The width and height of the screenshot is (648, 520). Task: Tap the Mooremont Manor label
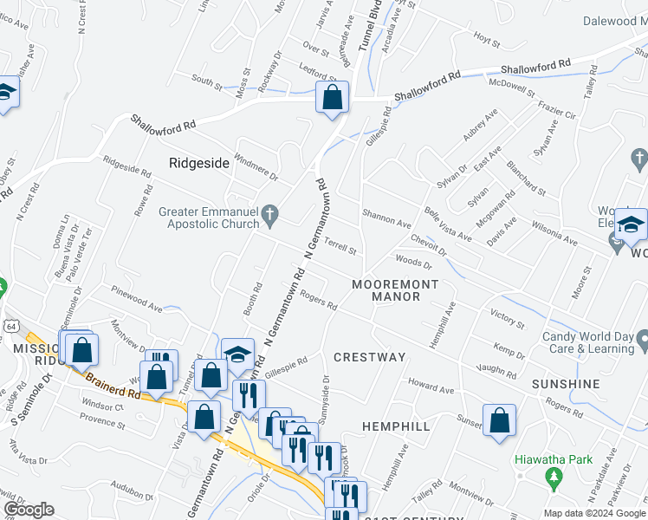395,290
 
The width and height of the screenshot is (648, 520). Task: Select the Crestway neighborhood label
369,357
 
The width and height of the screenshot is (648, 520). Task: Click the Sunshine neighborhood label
566,384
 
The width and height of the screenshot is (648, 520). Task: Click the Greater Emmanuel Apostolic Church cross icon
270,213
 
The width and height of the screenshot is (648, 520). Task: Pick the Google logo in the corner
29,510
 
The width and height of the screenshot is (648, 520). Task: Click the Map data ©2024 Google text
595,513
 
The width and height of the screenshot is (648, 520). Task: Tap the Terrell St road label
340,247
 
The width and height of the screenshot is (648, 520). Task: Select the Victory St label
507,319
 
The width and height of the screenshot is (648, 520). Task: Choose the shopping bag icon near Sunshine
499,421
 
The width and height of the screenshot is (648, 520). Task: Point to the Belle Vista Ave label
448,224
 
